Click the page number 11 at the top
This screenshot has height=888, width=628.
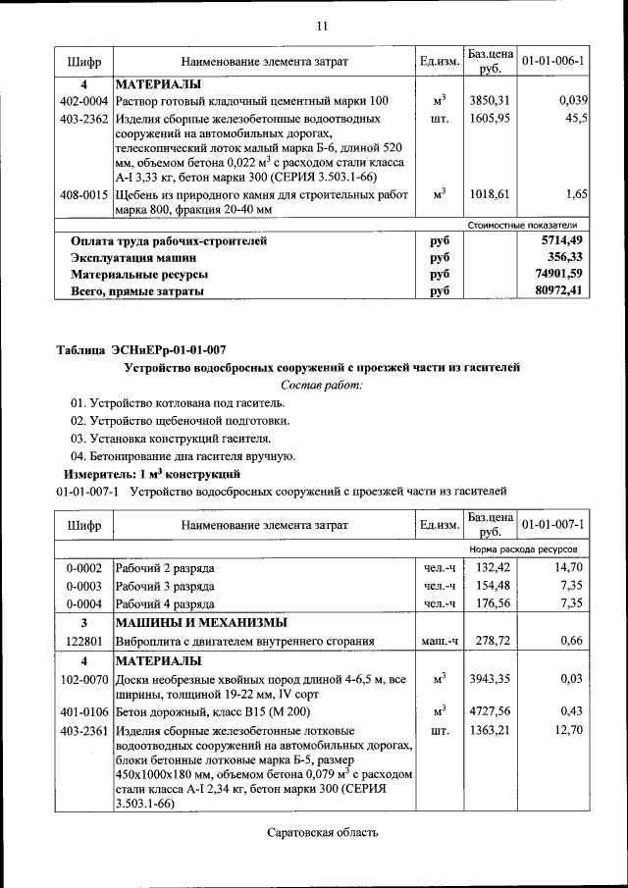(321, 26)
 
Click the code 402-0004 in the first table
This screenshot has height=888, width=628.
(83, 101)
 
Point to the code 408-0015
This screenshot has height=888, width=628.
(83, 195)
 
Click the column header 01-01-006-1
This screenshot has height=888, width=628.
(553, 61)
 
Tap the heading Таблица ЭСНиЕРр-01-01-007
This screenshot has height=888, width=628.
(141, 349)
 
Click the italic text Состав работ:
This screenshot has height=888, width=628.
(321, 385)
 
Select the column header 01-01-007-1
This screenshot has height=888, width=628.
(553, 525)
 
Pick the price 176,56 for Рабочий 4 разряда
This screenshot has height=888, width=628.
(494, 603)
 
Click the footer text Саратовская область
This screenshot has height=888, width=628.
(321, 833)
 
